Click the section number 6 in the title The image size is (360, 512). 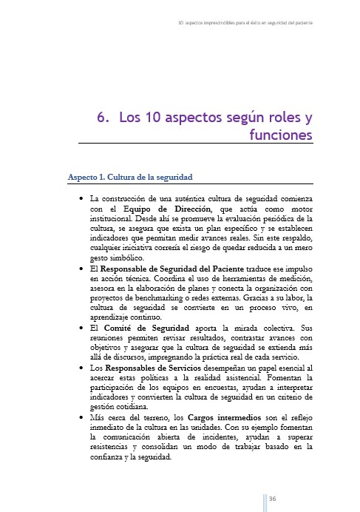(x=103, y=118)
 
